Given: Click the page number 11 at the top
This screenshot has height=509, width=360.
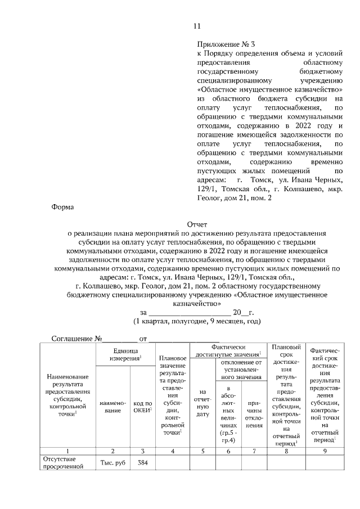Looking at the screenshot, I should click(197, 26).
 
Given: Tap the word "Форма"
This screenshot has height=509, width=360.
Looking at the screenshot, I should click(64, 206).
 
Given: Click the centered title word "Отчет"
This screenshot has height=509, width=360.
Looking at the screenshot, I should click(197, 223).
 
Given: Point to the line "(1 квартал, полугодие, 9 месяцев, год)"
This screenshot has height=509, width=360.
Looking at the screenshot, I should click(196, 321).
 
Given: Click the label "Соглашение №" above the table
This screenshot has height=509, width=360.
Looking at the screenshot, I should click(76, 339).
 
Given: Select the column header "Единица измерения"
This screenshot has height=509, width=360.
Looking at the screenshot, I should click(125, 354).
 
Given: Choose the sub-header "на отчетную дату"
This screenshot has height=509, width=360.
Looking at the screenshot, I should click(202, 402).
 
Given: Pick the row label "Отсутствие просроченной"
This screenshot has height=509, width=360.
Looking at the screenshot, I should click(63, 462).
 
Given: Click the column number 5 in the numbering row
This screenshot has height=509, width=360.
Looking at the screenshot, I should click(202, 451).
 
